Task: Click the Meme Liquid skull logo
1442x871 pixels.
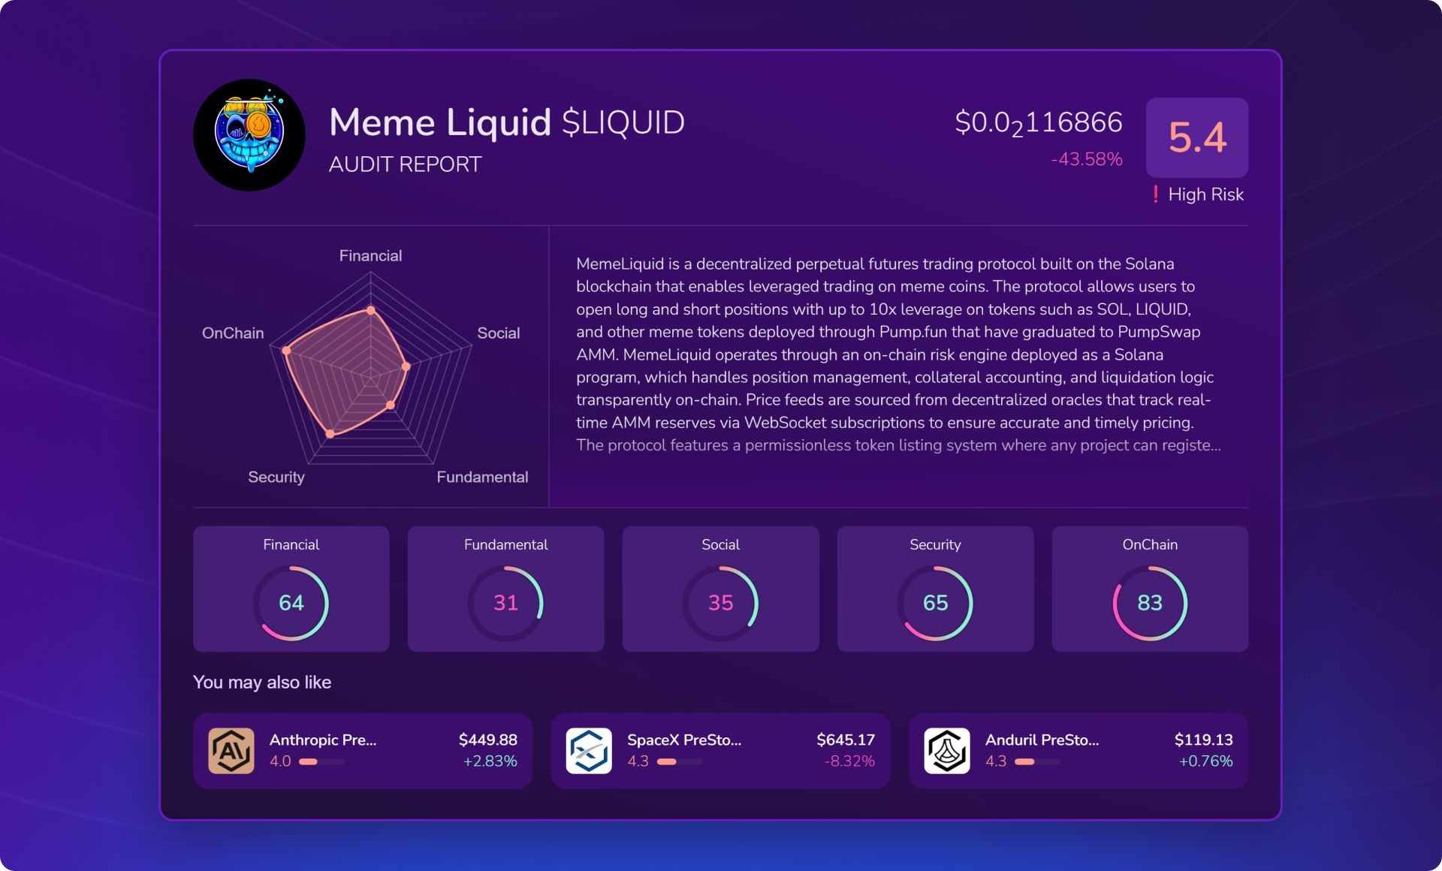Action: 249,135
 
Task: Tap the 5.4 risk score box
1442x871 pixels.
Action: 1196,137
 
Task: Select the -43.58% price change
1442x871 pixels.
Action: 1086,159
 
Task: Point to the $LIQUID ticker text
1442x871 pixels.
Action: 623,122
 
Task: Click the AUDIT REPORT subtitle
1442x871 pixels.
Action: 405,164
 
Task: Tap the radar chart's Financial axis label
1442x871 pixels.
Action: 370,256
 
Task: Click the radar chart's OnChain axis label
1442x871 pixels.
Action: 233,333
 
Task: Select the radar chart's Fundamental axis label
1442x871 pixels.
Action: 482,478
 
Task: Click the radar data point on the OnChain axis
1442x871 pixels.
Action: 286,351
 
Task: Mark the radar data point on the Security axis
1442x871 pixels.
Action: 330,434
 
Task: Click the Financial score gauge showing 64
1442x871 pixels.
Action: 291,603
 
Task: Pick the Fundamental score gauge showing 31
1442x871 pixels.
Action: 505,603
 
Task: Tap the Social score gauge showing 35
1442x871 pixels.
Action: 720,603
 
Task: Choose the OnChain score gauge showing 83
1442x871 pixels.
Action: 1150,603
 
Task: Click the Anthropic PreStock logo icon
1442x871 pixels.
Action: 231,751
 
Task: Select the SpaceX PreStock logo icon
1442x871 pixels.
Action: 589,751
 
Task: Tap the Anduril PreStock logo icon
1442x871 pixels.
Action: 947,751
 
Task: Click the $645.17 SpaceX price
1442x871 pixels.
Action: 846,740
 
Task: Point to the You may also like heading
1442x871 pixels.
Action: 262,683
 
